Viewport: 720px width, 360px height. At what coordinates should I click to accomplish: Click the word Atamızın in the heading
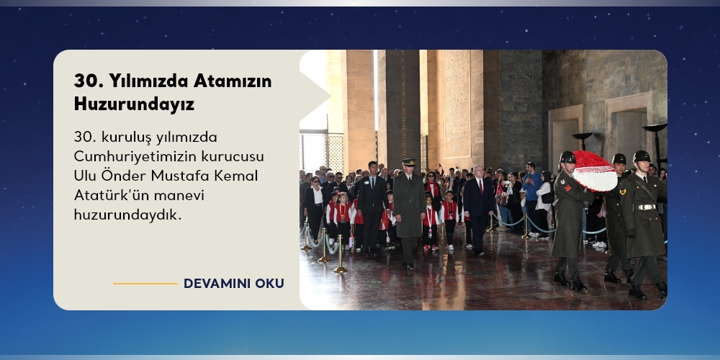[x=233, y=81]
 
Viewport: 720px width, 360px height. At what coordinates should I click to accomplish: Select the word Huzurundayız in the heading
[x=134, y=104]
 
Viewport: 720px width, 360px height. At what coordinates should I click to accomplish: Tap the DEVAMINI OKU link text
[x=234, y=283]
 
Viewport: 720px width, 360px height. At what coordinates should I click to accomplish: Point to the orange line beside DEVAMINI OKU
[x=145, y=283]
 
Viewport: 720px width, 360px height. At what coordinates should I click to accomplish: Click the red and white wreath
[x=595, y=171]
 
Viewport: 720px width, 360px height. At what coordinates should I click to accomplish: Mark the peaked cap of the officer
[x=408, y=161]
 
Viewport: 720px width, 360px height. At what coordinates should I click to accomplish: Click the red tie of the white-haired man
[x=480, y=186]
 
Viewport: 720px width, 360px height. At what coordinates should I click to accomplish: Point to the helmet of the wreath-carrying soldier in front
[x=567, y=158]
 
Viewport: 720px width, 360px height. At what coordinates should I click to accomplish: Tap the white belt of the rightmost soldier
[x=646, y=207]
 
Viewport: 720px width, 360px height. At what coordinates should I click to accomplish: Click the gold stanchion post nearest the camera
[x=341, y=255]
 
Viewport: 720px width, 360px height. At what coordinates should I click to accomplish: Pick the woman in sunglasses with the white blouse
[x=315, y=206]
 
